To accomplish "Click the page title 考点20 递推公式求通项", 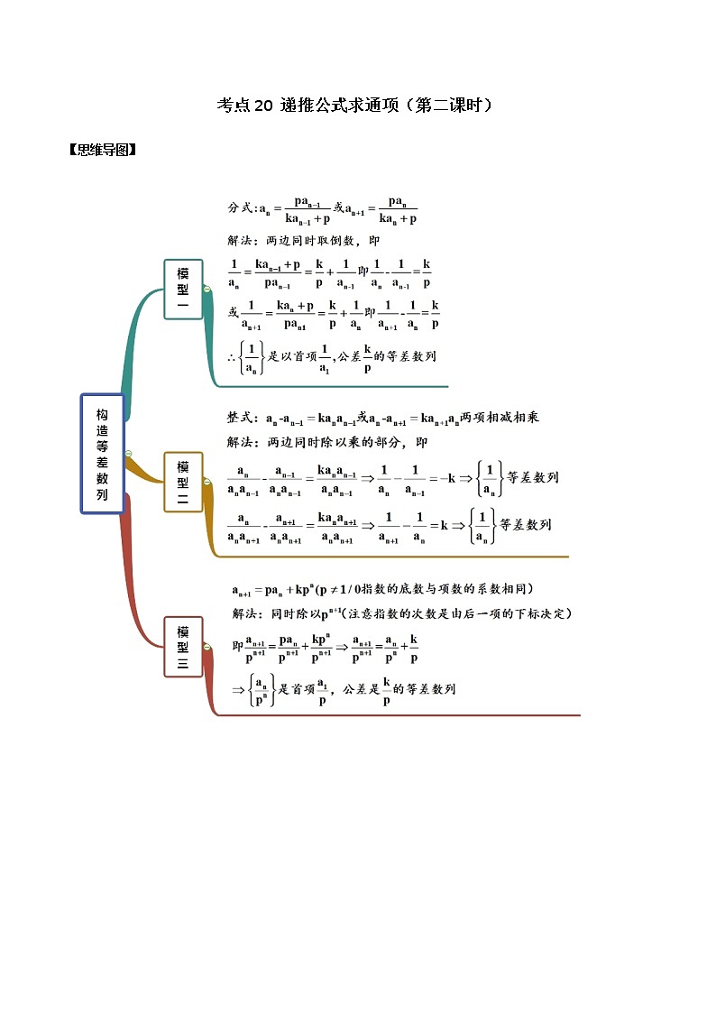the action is pyautogui.click(x=356, y=106).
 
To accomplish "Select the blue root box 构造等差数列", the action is pyautogui.click(x=102, y=454).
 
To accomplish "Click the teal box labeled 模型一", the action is pyautogui.click(x=183, y=289).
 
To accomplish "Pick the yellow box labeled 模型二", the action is pyautogui.click(x=183, y=482).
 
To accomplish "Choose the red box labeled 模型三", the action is pyautogui.click(x=183, y=646).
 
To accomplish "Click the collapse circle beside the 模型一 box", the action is pyautogui.click(x=207, y=289).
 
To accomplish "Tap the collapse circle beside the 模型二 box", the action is pyautogui.click(x=207, y=483).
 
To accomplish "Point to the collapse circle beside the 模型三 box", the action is pyautogui.click(x=207, y=646).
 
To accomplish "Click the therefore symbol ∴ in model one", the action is pyautogui.click(x=232, y=357).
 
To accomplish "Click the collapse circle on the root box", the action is pyautogui.click(x=128, y=454).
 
